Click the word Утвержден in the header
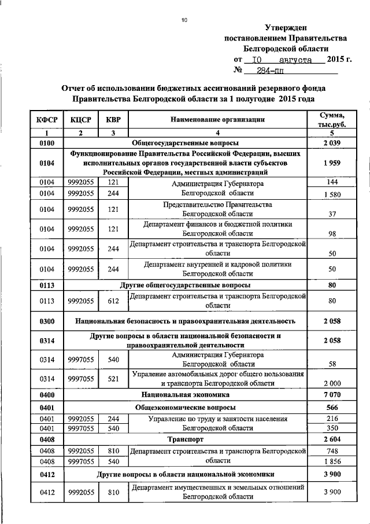pyautogui.click(x=286, y=27)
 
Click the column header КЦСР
pyautogui.click(x=82, y=119)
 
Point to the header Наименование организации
pyautogui.click(x=217, y=119)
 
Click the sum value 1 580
pyautogui.click(x=332, y=194)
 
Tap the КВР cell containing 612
pyautogui.click(x=113, y=301)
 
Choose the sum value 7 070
pyautogui.click(x=332, y=394)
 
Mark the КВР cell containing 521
pyautogui.click(x=113, y=378)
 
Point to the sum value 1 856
pyautogui.click(x=332, y=461)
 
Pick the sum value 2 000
pyautogui.click(x=332, y=383)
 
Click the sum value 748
pyautogui.click(x=332, y=450)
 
